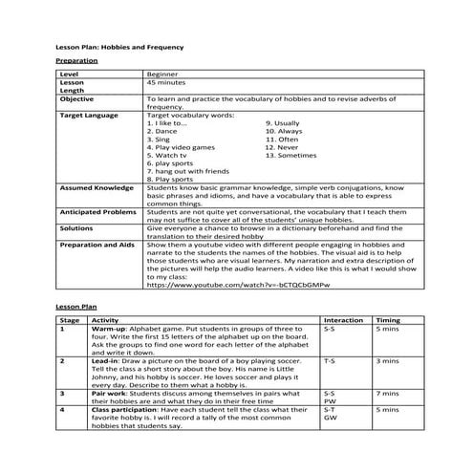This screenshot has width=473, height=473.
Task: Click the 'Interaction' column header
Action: pos(343,319)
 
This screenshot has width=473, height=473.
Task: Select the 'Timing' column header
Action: pos(388,319)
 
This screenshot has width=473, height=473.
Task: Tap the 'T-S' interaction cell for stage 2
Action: pos(330,361)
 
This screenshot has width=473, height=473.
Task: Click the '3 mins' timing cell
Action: pos(388,361)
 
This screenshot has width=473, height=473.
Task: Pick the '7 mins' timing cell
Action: pos(388,392)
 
